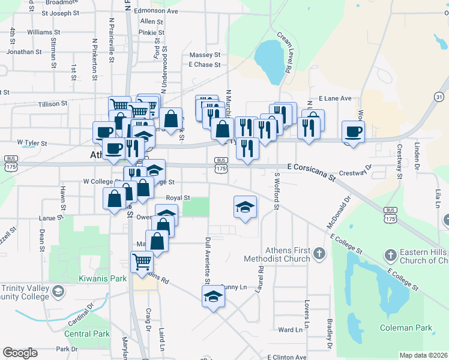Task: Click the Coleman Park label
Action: click(406, 328)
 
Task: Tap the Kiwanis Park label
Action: click(103, 278)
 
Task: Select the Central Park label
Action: click(88, 333)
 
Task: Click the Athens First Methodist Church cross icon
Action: click(319, 254)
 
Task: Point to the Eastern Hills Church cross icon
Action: click(391, 254)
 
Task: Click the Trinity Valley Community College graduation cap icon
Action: click(58, 292)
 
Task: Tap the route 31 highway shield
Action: click(440, 97)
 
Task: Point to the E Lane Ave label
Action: click(334, 98)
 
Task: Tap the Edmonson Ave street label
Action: click(156, 11)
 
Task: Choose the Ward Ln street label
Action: click(290, 329)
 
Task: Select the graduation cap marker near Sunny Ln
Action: click(213, 296)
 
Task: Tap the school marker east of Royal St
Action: click(245, 207)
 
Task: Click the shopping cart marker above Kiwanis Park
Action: click(142, 261)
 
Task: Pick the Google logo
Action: click(19, 353)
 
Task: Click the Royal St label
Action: click(178, 197)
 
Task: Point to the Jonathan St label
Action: click(24, 52)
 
